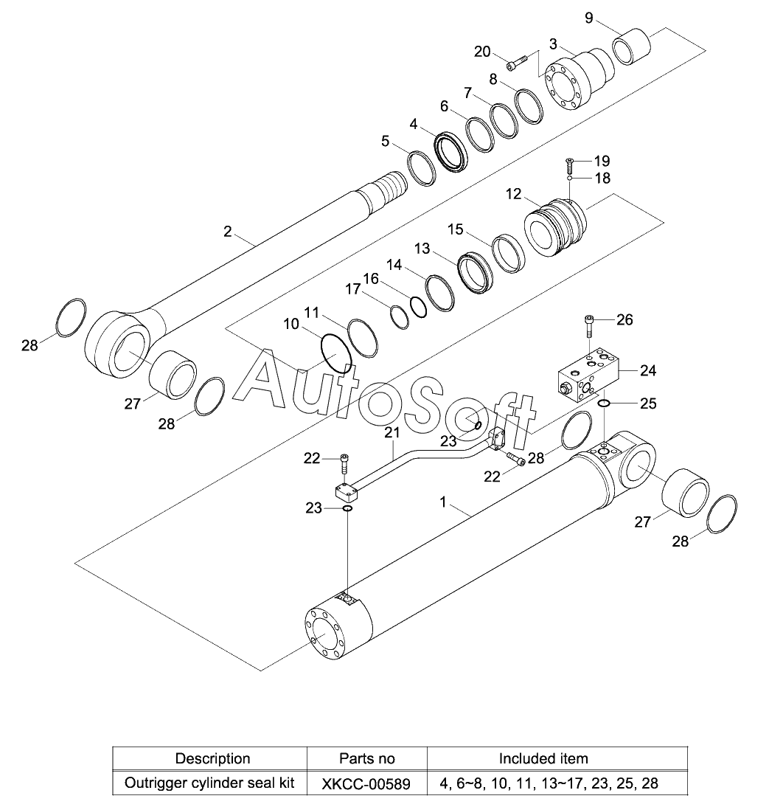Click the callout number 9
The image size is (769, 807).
[x=589, y=18]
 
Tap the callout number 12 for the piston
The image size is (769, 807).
[x=513, y=194]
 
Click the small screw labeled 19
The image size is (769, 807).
[x=569, y=165]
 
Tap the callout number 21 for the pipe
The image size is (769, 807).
[x=392, y=432]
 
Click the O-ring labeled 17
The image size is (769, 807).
[x=399, y=316]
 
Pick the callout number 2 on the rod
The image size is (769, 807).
[x=227, y=232]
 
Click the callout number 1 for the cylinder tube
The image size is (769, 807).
[x=443, y=502]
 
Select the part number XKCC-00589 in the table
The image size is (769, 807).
[x=366, y=784]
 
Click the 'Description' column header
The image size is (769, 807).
[x=212, y=758]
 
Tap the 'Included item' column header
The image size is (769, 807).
[x=543, y=758]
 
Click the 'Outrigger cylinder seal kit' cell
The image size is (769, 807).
[x=209, y=783]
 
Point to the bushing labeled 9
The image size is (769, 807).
[x=632, y=47]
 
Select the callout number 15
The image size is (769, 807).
[x=455, y=229]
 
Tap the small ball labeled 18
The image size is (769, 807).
[x=570, y=178]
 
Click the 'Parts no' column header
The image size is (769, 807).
[x=366, y=758]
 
